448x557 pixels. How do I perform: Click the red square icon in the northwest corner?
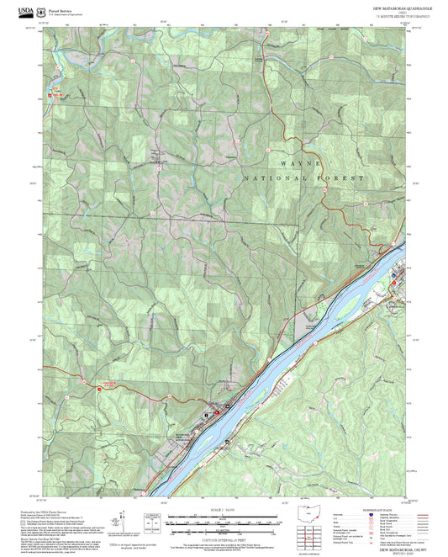51,95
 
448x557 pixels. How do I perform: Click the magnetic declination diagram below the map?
126,522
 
